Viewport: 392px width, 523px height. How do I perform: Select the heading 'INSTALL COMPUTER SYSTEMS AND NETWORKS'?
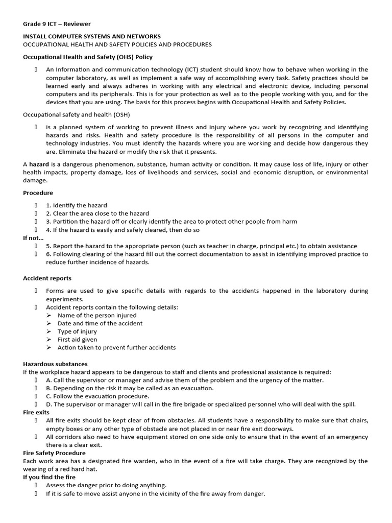click(92, 36)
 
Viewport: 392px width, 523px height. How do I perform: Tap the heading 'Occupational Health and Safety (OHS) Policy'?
click(88, 57)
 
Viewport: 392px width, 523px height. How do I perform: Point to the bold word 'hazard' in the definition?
click(39, 164)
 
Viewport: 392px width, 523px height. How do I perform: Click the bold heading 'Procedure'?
click(38, 193)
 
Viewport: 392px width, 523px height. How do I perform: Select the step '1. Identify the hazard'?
click(77, 205)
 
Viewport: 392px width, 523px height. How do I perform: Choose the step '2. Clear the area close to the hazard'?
click(97, 213)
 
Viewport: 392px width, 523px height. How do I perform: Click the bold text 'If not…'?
click(34, 237)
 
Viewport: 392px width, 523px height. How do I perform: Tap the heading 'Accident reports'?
click(47, 278)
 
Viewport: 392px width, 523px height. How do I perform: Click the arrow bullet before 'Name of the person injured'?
click(49, 315)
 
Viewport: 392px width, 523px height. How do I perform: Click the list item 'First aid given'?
click(77, 339)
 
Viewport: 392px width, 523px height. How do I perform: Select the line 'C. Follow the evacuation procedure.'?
click(97, 396)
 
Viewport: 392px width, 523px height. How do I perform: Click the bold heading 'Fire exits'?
click(36, 412)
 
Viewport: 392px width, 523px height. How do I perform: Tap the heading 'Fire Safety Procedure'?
click(55, 453)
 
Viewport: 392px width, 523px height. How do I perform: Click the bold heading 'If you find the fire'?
click(49, 477)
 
